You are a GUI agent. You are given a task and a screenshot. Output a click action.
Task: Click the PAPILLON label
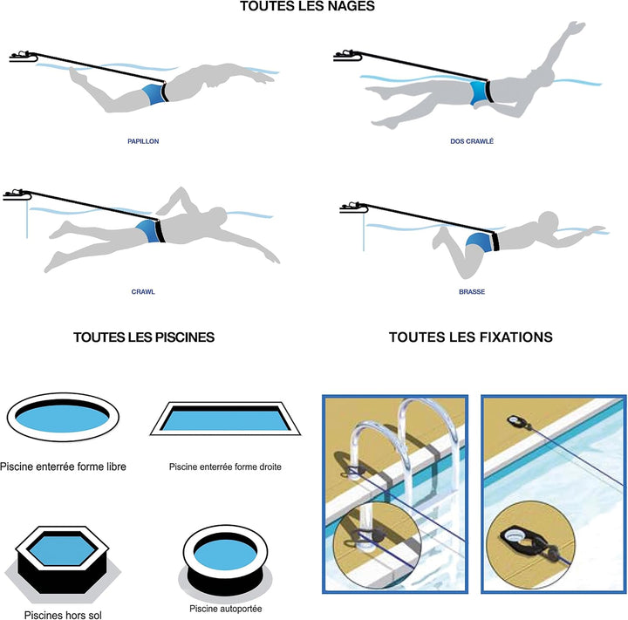pos(143,141)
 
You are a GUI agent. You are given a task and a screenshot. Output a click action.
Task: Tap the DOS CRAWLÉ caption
pos(472,141)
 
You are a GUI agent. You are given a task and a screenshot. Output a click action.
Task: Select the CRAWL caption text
pos(143,292)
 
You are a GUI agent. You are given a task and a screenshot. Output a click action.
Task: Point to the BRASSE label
pos(472,292)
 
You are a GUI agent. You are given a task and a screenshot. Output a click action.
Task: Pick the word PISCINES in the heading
pos(185,337)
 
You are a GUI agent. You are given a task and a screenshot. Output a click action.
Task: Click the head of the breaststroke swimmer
pos(548,221)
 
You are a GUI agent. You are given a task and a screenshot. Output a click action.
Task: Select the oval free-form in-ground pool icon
pos(63,417)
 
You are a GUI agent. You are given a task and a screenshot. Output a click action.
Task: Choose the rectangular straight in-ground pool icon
pos(225,419)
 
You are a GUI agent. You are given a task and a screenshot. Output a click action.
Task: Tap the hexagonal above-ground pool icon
pos(63,564)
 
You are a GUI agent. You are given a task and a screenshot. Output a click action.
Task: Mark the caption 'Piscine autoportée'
pos(226,609)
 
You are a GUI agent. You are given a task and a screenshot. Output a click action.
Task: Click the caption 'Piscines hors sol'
pos(63,615)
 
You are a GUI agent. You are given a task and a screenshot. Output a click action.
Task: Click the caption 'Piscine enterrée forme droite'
pos(225,467)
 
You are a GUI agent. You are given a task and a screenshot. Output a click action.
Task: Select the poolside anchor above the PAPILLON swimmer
pos(24,57)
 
